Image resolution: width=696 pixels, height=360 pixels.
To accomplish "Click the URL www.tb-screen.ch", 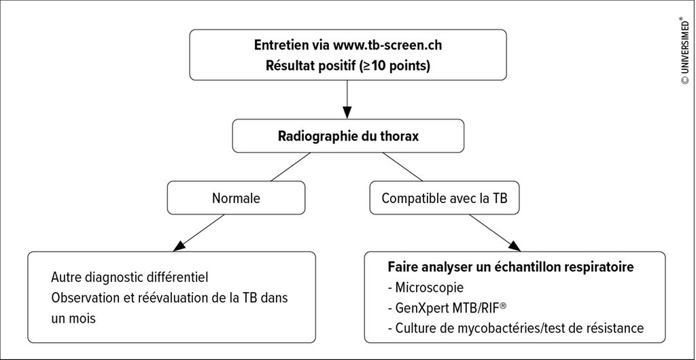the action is pyautogui.click(x=386, y=46).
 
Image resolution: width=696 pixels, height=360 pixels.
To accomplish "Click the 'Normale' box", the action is pyautogui.click(x=236, y=198).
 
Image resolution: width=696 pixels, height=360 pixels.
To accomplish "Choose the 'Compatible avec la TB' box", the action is pyautogui.click(x=444, y=198).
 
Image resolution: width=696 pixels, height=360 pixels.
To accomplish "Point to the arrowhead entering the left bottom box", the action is pyautogui.click(x=178, y=246).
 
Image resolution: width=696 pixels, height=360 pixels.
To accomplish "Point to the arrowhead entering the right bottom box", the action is pyautogui.click(x=514, y=246).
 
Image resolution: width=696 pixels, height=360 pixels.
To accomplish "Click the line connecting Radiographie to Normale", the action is pyautogui.click(x=290, y=166).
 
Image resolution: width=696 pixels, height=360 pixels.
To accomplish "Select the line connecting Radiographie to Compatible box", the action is pyautogui.click(x=402, y=166).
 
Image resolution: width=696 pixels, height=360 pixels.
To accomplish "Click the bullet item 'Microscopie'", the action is pyautogui.click(x=425, y=288).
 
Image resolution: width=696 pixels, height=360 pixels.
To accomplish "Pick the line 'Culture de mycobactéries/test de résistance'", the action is pyautogui.click(x=515, y=329).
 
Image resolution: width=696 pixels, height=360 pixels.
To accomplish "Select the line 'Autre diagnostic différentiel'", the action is pyautogui.click(x=130, y=278).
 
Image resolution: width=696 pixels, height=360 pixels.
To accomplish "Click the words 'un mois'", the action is pyautogui.click(x=73, y=319).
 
